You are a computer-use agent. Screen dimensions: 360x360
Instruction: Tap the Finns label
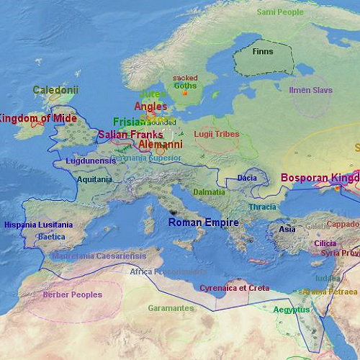(x=263, y=52)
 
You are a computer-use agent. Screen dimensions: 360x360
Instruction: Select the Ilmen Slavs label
(x=310, y=90)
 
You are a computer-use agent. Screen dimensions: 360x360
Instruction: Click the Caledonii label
(x=55, y=90)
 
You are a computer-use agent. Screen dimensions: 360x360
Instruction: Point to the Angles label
(x=150, y=107)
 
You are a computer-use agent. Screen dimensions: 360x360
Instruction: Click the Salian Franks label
(x=130, y=134)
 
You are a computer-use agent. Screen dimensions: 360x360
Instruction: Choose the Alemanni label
(x=160, y=144)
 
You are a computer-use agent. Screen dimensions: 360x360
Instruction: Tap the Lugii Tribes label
(x=216, y=134)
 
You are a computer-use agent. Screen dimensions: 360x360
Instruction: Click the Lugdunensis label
(x=90, y=161)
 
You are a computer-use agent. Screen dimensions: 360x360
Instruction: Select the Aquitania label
(x=94, y=179)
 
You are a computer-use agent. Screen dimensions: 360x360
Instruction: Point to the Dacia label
(x=246, y=178)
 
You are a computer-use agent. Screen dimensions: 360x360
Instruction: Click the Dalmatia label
(x=209, y=192)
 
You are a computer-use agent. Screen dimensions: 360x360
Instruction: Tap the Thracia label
(x=262, y=207)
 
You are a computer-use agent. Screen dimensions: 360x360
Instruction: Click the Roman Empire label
(x=203, y=223)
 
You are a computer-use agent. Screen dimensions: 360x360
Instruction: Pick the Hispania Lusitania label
(x=38, y=225)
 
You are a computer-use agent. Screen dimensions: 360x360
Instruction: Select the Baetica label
(x=51, y=236)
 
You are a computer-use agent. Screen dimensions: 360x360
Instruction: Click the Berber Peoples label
(x=72, y=294)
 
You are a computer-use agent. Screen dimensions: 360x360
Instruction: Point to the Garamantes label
(x=171, y=308)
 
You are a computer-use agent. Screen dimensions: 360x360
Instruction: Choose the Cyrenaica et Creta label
(x=234, y=288)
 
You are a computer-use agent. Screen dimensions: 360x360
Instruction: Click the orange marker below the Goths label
(x=185, y=93)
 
